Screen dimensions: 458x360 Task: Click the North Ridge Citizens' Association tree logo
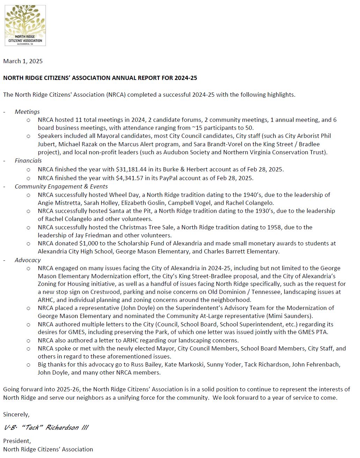coord(25,25)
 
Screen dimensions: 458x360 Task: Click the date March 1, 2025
coord(23,61)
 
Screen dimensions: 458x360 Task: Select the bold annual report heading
coord(100,78)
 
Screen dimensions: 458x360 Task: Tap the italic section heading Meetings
coord(27,112)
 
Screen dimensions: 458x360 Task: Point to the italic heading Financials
coord(28,161)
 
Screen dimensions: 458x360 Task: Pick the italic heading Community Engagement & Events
coord(61,186)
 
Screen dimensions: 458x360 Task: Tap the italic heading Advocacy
coord(28,260)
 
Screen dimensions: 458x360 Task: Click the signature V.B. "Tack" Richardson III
coord(46,428)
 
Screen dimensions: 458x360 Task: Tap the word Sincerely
coord(16,414)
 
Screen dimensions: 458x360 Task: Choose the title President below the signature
coord(17,441)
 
